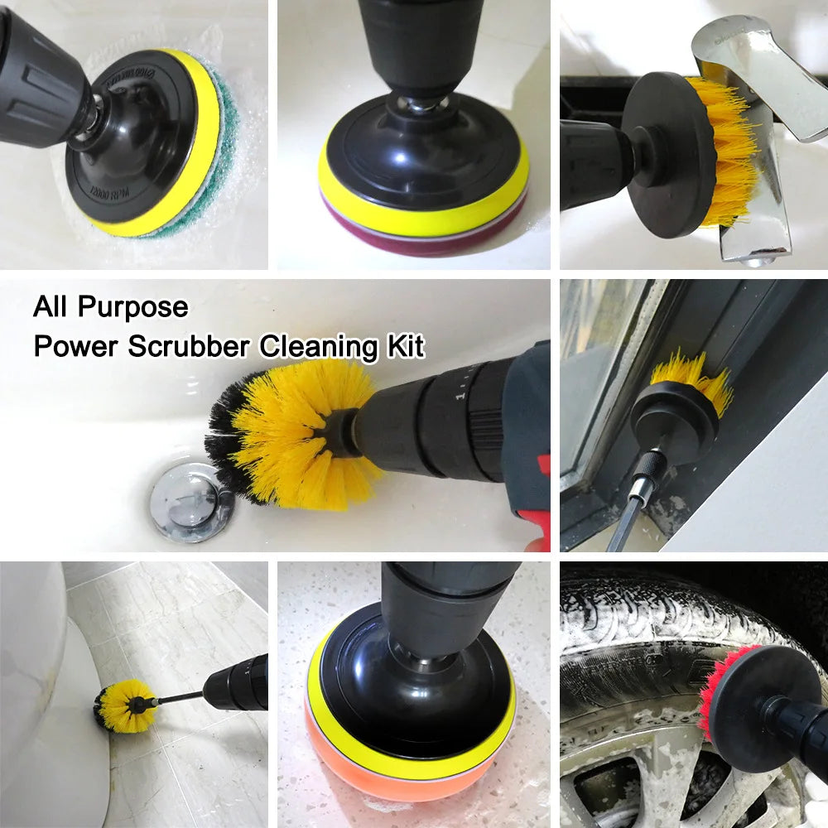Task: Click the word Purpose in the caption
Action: tap(133, 308)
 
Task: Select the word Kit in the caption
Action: tap(404, 346)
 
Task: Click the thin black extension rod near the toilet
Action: tap(178, 697)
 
